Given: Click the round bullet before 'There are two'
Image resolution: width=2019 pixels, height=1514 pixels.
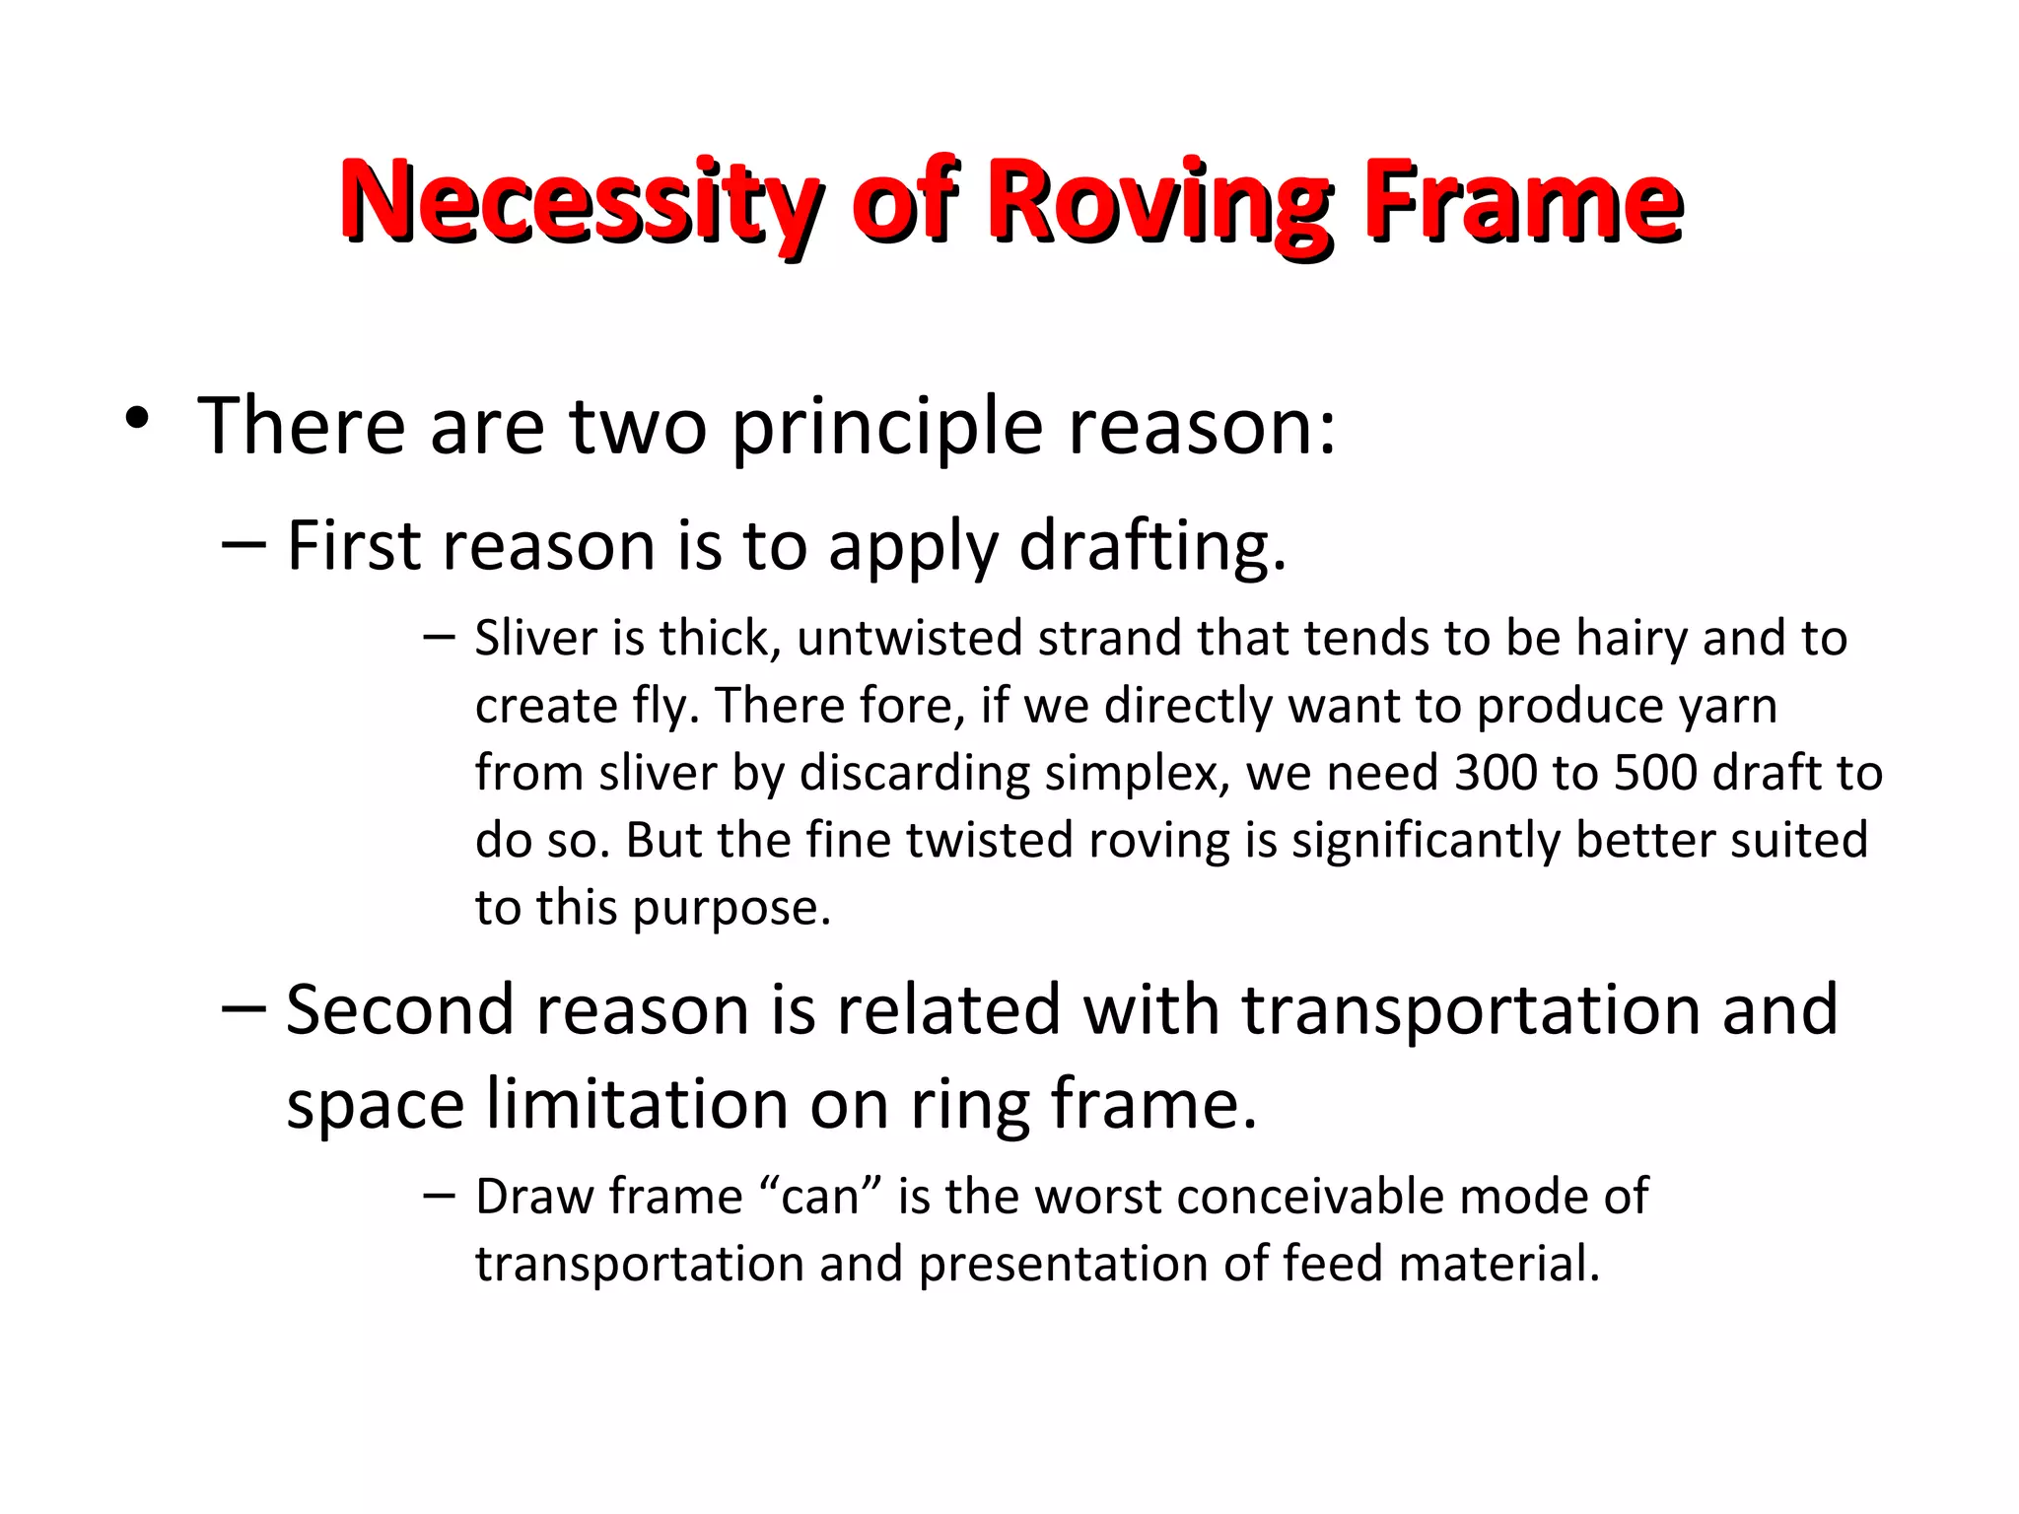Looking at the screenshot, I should (x=137, y=421).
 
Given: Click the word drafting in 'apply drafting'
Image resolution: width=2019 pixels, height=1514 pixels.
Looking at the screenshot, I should (x=1151, y=547).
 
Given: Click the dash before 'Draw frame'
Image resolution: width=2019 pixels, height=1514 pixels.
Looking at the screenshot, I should (x=438, y=1196).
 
